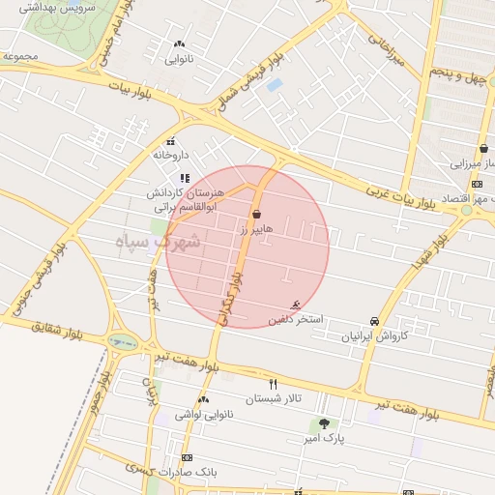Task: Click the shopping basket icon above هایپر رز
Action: point(256,214)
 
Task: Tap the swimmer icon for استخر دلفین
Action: point(308,305)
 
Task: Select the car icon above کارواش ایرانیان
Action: point(374,322)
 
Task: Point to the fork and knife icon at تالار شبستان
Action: point(273,384)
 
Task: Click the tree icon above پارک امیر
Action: point(324,422)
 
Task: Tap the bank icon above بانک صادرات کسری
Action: point(187,457)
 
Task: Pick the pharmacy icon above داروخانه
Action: point(171,141)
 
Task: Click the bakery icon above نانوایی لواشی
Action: point(203,399)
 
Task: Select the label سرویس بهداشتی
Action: point(52,6)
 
